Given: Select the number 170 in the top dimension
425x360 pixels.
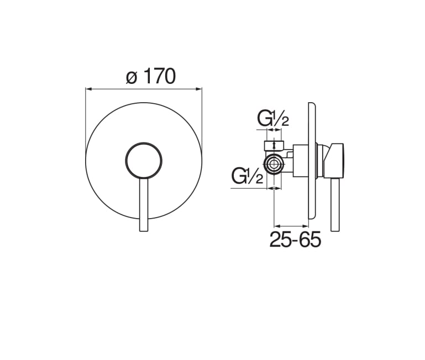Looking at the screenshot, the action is tap(159, 76).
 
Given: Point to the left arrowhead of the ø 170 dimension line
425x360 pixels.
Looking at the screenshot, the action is tap(88, 88).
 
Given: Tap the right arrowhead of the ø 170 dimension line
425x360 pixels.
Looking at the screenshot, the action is tap(199, 88).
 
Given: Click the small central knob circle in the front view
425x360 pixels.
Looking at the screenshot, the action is tap(144, 161).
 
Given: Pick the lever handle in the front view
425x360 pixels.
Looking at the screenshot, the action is tap(144, 205).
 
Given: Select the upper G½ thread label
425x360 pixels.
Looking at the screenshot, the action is tap(273, 119).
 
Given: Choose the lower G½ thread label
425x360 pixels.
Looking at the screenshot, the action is tap(247, 176).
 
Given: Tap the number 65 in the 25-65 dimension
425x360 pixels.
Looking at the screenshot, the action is tap(310, 240).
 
